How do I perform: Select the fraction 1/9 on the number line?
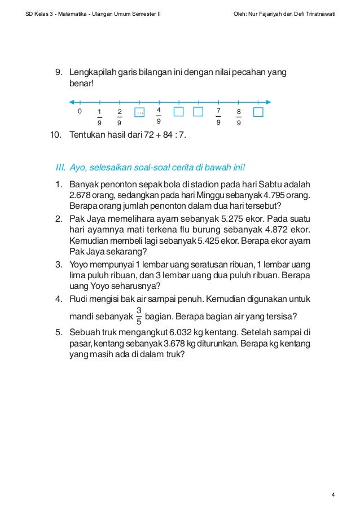coord(100,117)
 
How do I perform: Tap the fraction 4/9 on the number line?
coord(159,115)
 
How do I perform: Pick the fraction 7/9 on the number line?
coord(218,116)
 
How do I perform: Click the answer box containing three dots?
coord(140,112)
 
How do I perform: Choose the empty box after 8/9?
coord(258,112)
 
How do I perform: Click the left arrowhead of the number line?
coord(71,102)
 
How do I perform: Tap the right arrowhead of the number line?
coord(269,102)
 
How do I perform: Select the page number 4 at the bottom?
coord(333,495)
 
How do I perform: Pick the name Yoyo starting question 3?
coord(79,264)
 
